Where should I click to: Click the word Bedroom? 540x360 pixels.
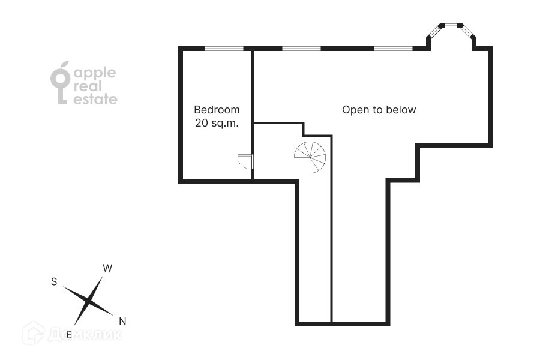click(217, 110)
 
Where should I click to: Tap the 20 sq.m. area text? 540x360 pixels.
click(217, 123)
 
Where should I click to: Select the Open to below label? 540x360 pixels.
click(379, 110)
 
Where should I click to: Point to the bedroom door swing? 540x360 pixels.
click(245, 161)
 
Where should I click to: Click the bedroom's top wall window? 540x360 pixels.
click(224, 48)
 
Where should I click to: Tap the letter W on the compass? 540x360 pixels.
click(107, 268)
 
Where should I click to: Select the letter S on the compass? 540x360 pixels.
click(54, 282)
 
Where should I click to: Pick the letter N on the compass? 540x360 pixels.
click(122, 320)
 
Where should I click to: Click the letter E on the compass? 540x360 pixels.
click(69, 335)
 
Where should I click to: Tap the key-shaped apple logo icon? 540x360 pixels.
click(60, 83)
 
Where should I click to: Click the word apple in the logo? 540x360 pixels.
click(94, 74)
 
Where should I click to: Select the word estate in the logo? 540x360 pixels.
click(95, 100)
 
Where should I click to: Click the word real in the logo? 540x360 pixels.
click(88, 87)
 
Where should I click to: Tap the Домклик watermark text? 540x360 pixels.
click(84, 334)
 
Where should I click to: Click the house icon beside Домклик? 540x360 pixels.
click(34, 333)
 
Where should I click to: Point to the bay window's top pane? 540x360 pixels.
click(451, 26)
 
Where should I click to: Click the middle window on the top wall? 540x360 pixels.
click(301, 48)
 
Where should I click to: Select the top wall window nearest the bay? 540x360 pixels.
click(393, 48)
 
